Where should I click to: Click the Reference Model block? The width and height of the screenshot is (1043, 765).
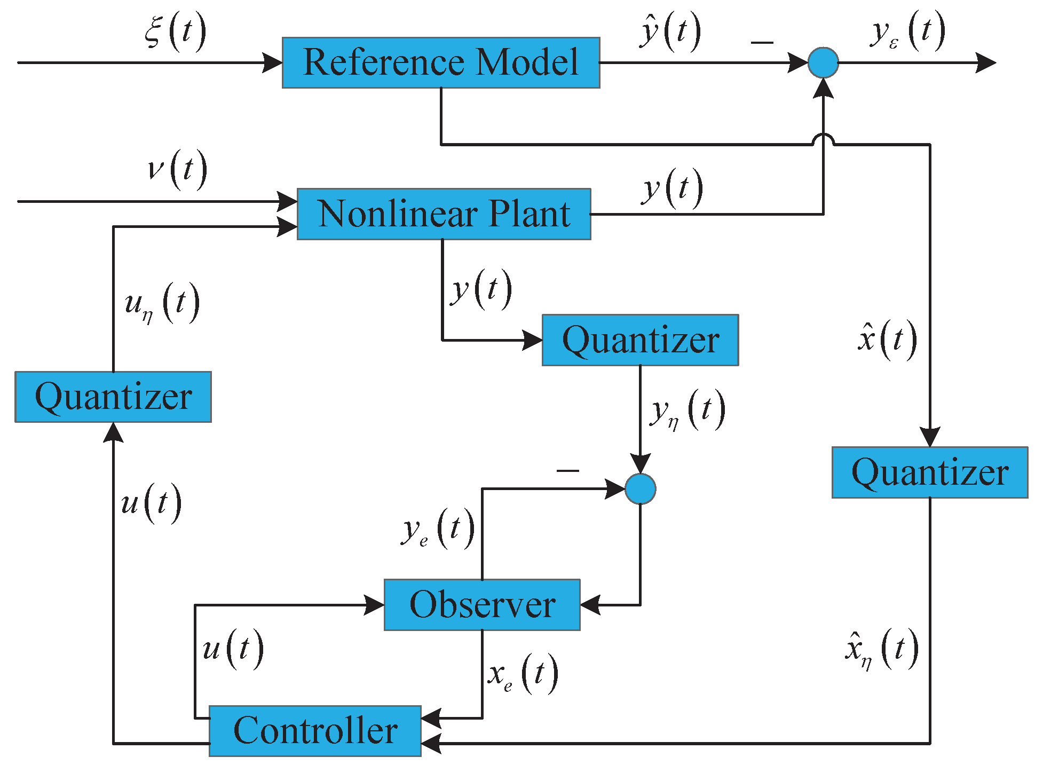(x=441, y=62)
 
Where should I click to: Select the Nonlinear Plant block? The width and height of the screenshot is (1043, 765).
(x=444, y=214)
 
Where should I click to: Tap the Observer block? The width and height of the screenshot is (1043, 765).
(x=482, y=605)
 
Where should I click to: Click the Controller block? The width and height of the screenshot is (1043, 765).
(x=315, y=731)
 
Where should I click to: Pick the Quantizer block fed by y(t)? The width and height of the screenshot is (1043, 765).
(x=640, y=340)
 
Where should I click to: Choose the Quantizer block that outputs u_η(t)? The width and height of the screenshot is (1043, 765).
(x=113, y=397)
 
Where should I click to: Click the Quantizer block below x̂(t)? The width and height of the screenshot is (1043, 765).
(x=930, y=472)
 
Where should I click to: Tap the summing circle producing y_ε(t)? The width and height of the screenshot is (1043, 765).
(x=823, y=62)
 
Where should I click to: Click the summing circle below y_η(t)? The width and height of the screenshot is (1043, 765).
(x=640, y=489)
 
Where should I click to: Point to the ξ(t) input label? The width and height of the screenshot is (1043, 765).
(x=175, y=32)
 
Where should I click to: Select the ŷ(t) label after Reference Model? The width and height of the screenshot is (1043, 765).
(x=670, y=32)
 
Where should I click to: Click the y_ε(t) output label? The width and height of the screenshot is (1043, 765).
(x=907, y=32)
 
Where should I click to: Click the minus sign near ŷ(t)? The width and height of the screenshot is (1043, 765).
(x=762, y=42)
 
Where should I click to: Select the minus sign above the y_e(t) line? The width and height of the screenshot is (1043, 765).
(x=567, y=470)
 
